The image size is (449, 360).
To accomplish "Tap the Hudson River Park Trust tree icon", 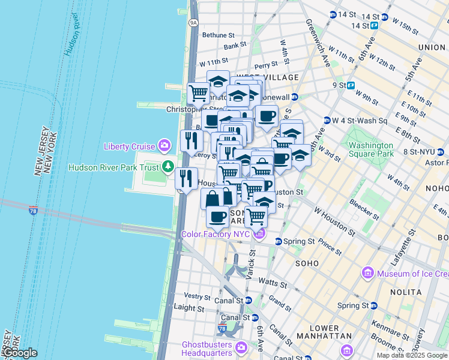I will coord(170,167).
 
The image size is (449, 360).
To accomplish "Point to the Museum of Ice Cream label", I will coord(412,274).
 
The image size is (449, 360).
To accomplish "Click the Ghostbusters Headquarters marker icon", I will coord(241,347).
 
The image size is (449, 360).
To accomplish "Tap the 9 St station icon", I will coord(351,85).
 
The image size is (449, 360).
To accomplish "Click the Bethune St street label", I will coord(218,35).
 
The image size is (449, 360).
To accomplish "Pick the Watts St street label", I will coord(270,281).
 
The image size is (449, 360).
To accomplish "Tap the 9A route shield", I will coord(193,23).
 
